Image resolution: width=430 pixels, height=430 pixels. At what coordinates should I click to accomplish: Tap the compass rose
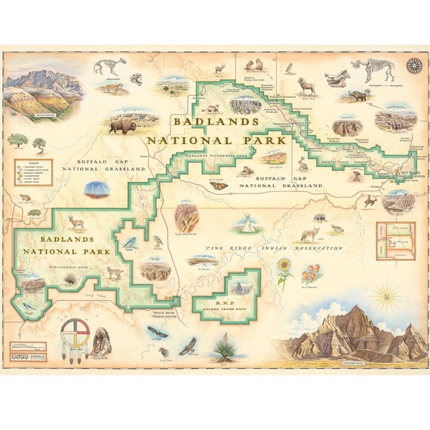[413, 66]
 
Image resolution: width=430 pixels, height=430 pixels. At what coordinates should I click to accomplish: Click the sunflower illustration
[284, 269]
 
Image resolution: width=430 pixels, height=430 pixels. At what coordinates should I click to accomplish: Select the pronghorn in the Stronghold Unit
[77, 221]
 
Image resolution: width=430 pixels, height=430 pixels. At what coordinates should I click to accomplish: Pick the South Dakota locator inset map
[395, 240]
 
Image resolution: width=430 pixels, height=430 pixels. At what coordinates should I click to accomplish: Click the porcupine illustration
[70, 279]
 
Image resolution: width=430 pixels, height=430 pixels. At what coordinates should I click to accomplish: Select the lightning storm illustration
[97, 189]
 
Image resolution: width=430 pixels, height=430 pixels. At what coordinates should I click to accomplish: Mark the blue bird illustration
[131, 242]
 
